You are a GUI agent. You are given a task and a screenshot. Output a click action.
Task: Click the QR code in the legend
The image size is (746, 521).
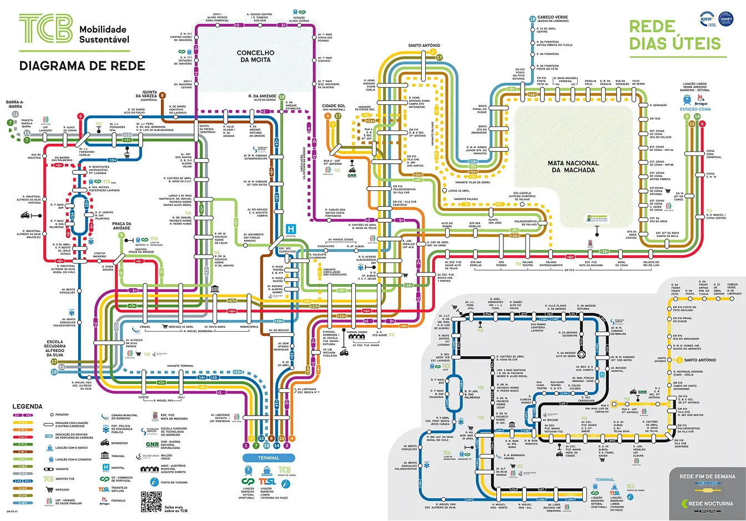click(151, 502)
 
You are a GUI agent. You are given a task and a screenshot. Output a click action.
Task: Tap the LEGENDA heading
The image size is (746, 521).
click(27, 407)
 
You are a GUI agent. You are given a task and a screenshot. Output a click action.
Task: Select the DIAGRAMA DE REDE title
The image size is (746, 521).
click(82, 66)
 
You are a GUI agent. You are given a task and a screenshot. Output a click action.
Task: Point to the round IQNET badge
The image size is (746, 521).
click(726, 18)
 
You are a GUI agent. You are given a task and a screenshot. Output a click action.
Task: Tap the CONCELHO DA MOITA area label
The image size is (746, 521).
click(255, 56)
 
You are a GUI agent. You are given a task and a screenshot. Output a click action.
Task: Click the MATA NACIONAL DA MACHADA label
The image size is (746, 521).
click(573, 166)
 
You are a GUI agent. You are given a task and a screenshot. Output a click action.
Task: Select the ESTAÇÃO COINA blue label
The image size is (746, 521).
click(695, 109)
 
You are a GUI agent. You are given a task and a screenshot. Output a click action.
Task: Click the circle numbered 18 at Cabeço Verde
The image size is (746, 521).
click(532, 19)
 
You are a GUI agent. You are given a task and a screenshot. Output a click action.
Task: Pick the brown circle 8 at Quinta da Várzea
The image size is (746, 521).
click(163, 95)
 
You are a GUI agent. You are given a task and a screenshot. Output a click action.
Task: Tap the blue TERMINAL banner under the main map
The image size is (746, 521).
click(269, 458)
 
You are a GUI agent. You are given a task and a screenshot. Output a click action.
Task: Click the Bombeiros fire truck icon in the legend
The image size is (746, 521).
click(105, 443)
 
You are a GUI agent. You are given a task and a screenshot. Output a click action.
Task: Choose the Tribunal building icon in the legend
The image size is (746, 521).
click(105, 456)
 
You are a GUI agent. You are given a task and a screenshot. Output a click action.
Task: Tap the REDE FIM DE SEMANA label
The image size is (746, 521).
click(707, 476)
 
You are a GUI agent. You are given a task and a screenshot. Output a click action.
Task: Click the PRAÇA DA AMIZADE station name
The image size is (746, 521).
click(122, 226)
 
